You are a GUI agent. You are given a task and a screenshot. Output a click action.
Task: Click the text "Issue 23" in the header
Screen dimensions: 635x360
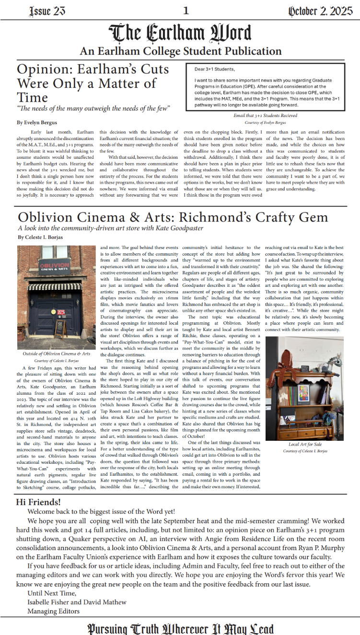point(47,11)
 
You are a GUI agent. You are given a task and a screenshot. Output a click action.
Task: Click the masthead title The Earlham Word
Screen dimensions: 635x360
point(180,33)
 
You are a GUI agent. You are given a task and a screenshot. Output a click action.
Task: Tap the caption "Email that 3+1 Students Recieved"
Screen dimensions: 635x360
point(265,116)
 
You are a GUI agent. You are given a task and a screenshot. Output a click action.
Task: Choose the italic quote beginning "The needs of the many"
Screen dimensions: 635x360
point(93,108)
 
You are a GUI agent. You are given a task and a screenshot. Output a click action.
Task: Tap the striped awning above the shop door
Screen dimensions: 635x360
point(54,287)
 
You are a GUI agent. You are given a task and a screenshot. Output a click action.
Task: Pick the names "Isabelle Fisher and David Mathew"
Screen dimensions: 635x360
point(77,602)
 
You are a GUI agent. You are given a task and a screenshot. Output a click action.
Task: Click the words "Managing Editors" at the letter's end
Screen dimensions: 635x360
point(53,611)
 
